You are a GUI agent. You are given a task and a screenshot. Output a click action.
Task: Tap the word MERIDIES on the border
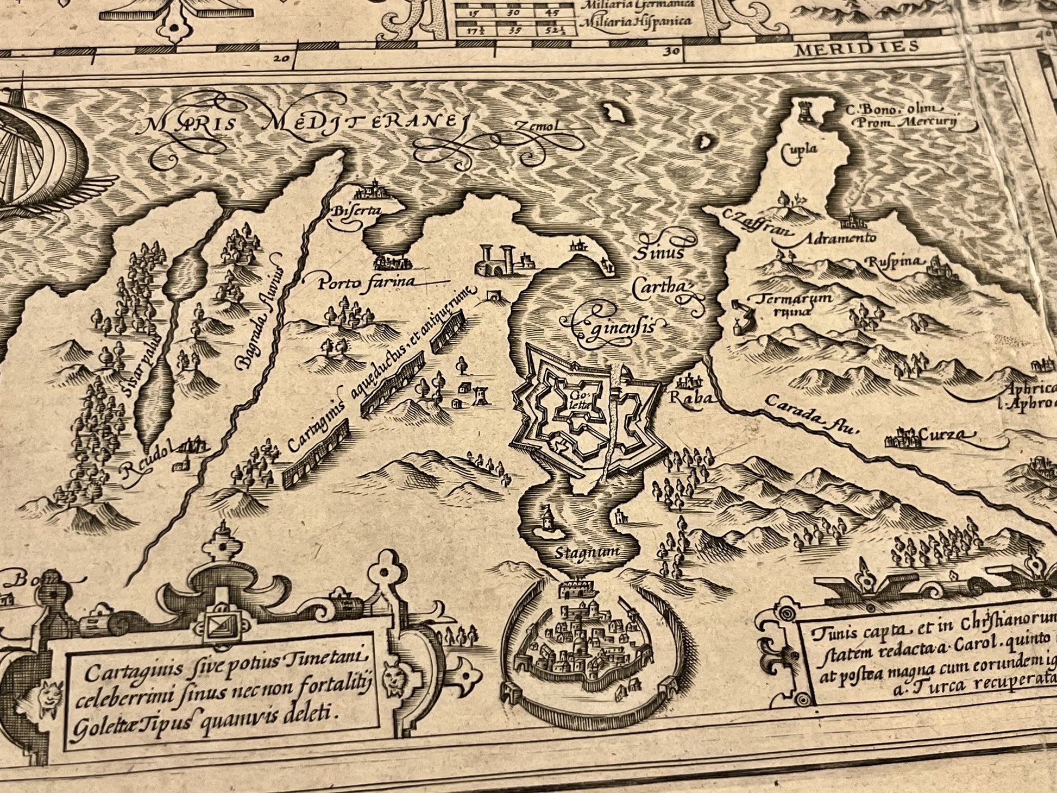click(857, 48)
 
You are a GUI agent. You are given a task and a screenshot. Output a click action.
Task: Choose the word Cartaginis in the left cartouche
click(121, 675)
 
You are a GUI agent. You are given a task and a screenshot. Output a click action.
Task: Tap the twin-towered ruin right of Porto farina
click(496, 260)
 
